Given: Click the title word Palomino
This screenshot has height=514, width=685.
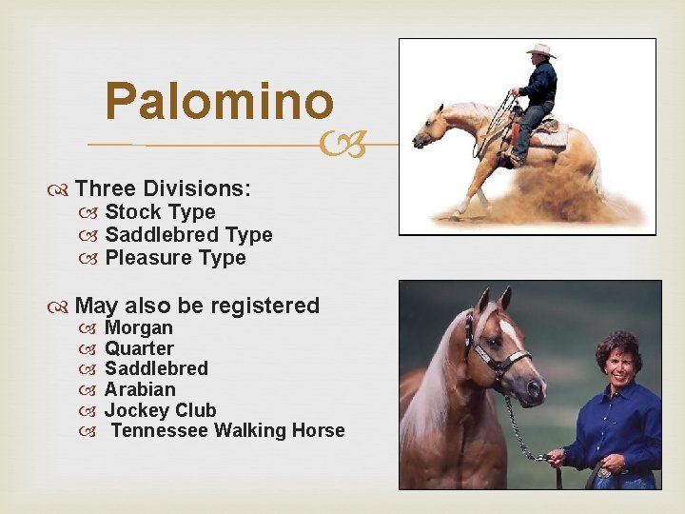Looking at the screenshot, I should pyautogui.click(x=220, y=100).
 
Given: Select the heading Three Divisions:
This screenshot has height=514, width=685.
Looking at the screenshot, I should pyautogui.click(x=163, y=188).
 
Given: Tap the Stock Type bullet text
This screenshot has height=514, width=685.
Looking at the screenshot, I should pyautogui.click(x=160, y=212).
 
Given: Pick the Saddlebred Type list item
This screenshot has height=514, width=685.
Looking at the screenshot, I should pyautogui.click(x=188, y=235).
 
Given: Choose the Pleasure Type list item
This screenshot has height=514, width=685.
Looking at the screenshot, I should pyautogui.click(x=175, y=258).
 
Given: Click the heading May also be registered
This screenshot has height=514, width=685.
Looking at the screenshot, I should pyautogui.click(x=196, y=306).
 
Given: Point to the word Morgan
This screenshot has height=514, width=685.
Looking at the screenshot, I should pyautogui.click(x=139, y=328).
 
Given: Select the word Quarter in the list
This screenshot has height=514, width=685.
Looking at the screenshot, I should pyautogui.click(x=139, y=348).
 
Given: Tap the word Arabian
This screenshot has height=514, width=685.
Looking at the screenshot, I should pyautogui.click(x=140, y=389).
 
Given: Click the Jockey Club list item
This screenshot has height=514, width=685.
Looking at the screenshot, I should pyautogui.click(x=160, y=410).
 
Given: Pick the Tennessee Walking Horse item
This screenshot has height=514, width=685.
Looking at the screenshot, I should pyautogui.click(x=227, y=431).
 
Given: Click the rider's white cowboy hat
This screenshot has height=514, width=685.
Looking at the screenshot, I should pyautogui.click(x=540, y=50).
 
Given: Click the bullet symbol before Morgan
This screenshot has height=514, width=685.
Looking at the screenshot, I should pyautogui.click(x=90, y=328).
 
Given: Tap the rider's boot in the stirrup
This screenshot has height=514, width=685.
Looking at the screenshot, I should pyautogui.click(x=517, y=156).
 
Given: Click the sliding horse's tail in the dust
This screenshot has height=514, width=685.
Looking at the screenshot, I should pyautogui.click(x=597, y=176).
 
